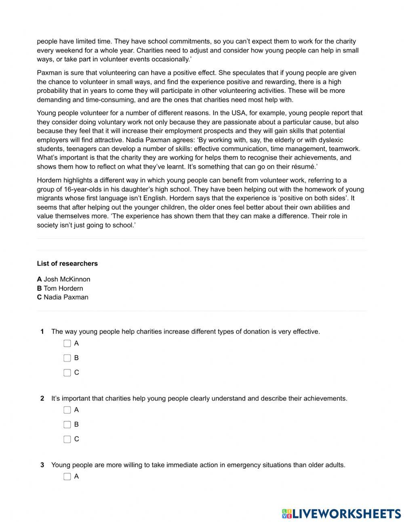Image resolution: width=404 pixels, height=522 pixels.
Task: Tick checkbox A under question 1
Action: [67, 344]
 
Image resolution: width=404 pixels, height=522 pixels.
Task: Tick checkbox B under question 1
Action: [67, 358]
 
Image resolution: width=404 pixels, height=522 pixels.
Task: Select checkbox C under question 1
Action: [67, 373]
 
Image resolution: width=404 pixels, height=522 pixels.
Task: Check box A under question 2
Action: [67, 410]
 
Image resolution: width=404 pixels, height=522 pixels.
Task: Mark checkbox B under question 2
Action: [67, 425]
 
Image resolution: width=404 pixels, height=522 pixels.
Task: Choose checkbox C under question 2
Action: [67, 439]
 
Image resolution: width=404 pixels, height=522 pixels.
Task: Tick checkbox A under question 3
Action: [67, 477]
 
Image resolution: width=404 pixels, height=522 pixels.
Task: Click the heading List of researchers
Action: [67, 264]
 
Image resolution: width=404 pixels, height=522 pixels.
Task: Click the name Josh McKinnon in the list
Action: [67, 279]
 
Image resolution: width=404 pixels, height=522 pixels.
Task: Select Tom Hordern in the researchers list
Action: [63, 288]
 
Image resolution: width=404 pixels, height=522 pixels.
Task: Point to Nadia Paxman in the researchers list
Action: [65, 297]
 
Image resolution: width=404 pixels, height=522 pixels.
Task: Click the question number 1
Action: [42, 332]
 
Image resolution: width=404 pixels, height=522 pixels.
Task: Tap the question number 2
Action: [42, 398]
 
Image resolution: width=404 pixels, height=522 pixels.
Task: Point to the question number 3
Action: [42, 465]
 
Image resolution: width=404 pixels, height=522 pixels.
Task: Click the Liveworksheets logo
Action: [341, 513]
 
